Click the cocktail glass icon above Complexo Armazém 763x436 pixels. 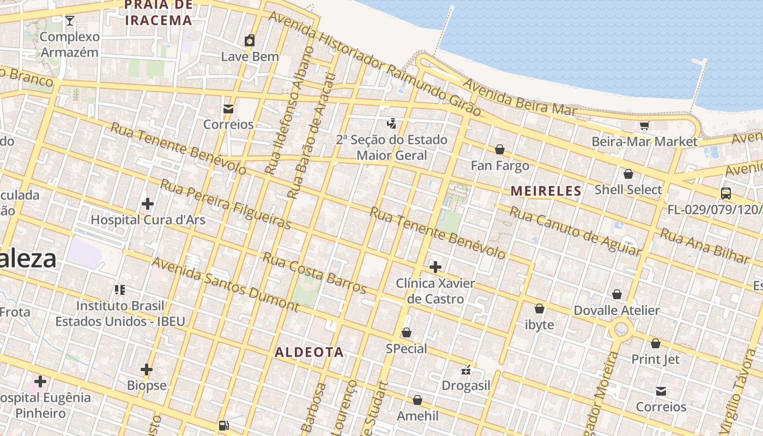(x=70, y=21)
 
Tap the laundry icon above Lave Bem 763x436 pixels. (x=250, y=40)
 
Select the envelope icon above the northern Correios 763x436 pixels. (x=228, y=109)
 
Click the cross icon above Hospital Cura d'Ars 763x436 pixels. (x=147, y=204)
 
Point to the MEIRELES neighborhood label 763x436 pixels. (x=546, y=191)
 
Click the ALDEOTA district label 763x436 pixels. (x=309, y=352)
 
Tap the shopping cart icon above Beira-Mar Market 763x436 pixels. (x=644, y=126)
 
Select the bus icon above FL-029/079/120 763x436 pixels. (x=725, y=193)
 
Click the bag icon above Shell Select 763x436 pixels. (x=628, y=174)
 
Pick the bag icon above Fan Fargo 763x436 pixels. (x=499, y=149)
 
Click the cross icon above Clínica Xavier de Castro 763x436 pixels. (x=435, y=267)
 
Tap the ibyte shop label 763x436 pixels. (x=539, y=325)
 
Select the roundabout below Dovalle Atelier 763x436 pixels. (x=622, y=329)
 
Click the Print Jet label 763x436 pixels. (x=655, y=359)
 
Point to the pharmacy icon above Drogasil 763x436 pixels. (x=466, y=370)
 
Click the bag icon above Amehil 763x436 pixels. (x=417, y=401)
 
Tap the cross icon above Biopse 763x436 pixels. (x=146, y=370)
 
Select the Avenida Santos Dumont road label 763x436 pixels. (x=225, y=284)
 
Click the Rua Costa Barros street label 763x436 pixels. (x=314, y=272)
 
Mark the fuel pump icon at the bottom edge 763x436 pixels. (x=223, y=426)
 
